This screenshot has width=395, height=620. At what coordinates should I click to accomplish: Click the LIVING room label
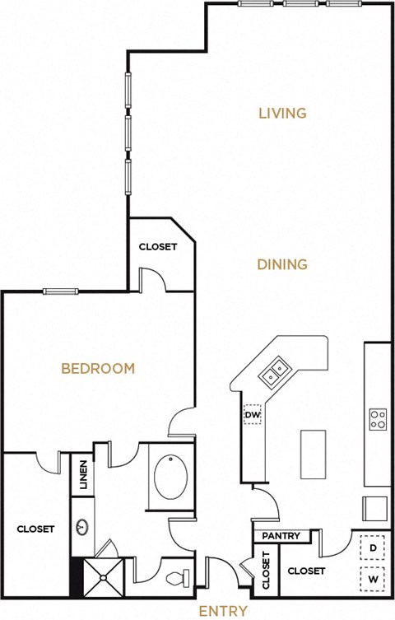click(282, 113)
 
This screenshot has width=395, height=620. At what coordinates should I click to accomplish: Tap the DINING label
click(282, 264)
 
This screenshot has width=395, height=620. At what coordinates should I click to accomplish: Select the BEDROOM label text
click(98, 368)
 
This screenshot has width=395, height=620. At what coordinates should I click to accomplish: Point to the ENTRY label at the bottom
click(223, 610)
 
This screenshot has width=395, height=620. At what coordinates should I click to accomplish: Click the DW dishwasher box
click(252, 415)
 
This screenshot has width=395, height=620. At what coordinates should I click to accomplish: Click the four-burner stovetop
click(379, 419)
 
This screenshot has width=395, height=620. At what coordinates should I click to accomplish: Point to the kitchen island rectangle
click(312, 453)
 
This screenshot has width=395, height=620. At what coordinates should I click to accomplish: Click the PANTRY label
click(281, 536)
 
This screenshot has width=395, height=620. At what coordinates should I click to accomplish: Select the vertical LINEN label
click(85, 475)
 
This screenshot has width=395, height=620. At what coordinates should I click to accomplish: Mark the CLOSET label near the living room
click(157, 246)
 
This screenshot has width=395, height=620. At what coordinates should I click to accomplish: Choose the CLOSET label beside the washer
click(306, 571)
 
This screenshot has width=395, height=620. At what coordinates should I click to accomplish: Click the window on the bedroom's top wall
click(61, 290)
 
